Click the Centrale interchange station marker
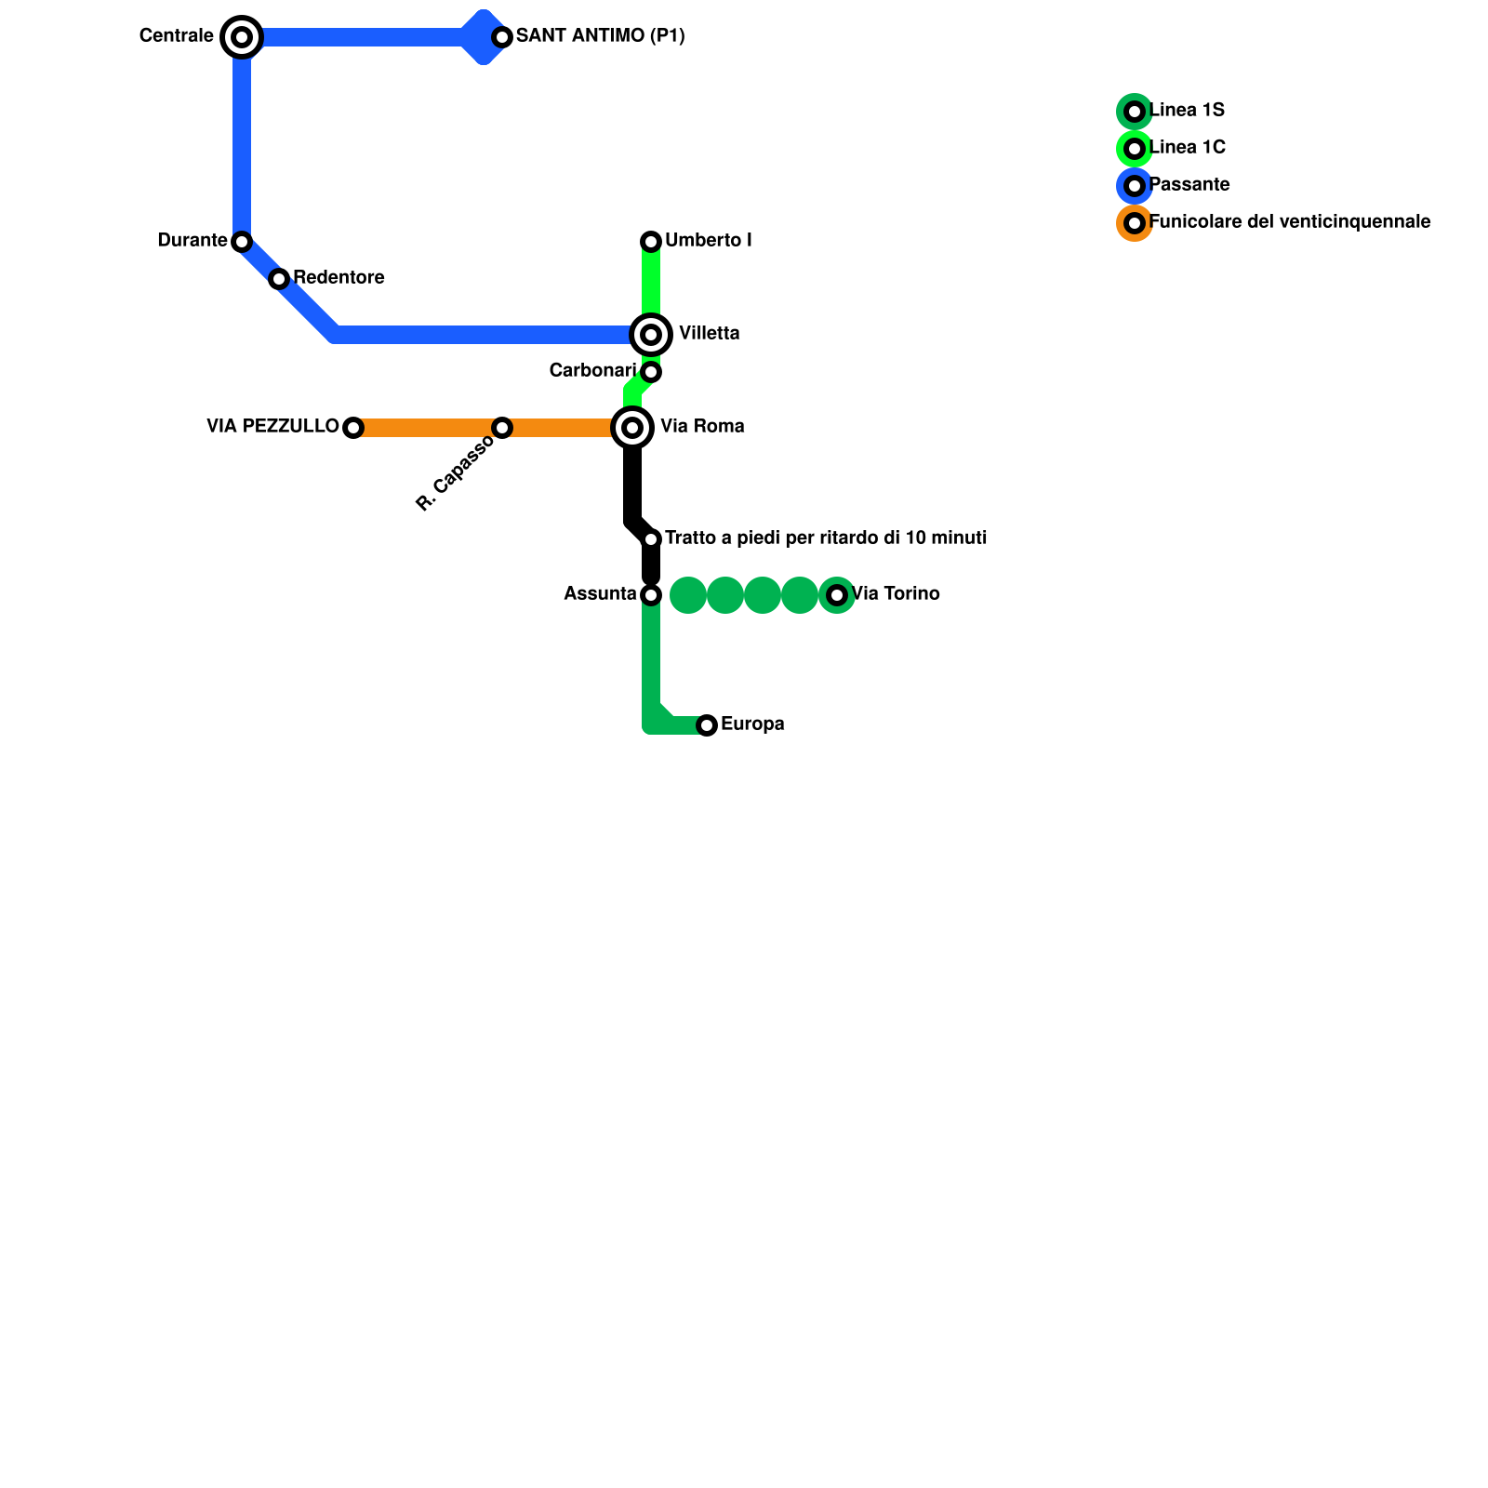point(242,37)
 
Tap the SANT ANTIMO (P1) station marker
point(502,37)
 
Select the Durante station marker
point(242,242)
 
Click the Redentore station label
point(339,278)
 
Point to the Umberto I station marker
point(651,242)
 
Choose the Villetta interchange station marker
point(651,335)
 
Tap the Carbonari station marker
point(651,372)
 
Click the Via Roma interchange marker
point(632,428)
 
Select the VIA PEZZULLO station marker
point(353,428)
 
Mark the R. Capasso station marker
point(502,428)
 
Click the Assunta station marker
point(651,595)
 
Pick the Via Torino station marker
point(837,595)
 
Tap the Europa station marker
point(707,725)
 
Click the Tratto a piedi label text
point(826,538)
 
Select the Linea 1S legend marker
point(1135,112)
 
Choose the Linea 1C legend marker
point(1135,149)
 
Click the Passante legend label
point(1189,185)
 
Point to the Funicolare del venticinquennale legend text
point(1289,222)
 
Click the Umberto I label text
point(708,241)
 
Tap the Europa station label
point(752,724)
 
